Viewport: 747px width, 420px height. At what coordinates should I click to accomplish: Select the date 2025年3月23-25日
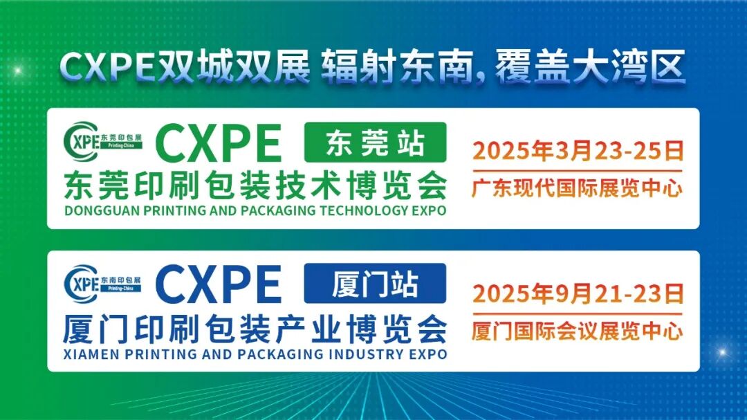[x=578, y=150]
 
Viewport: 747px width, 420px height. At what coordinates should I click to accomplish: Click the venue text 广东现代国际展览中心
[x=578, y=187]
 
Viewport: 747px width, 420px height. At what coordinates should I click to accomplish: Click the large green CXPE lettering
[x=219, y=143]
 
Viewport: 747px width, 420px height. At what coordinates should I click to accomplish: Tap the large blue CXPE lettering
[x=219, y=283]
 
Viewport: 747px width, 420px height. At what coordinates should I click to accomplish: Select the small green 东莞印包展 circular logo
[x=102, y=143]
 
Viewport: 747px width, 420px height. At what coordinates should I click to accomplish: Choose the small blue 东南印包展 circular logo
[x=102, y=283]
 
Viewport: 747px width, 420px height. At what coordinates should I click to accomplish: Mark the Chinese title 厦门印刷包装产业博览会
[x=255, y=328]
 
